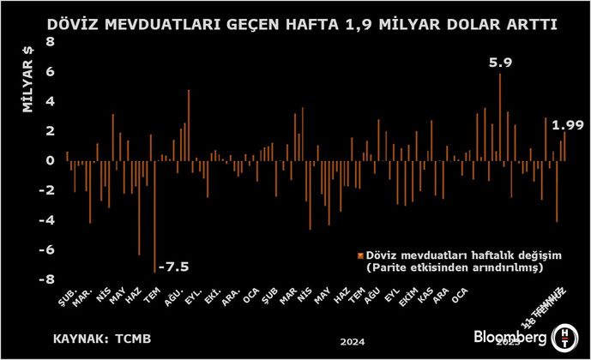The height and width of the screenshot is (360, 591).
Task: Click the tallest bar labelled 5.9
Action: (499, 116)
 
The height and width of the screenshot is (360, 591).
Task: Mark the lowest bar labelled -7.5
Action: (154, 215)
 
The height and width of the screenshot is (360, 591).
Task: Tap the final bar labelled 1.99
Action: (564, 145)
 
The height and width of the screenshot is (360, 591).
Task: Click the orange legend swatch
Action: (360, 255)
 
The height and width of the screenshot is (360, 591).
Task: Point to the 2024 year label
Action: (353, 342)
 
